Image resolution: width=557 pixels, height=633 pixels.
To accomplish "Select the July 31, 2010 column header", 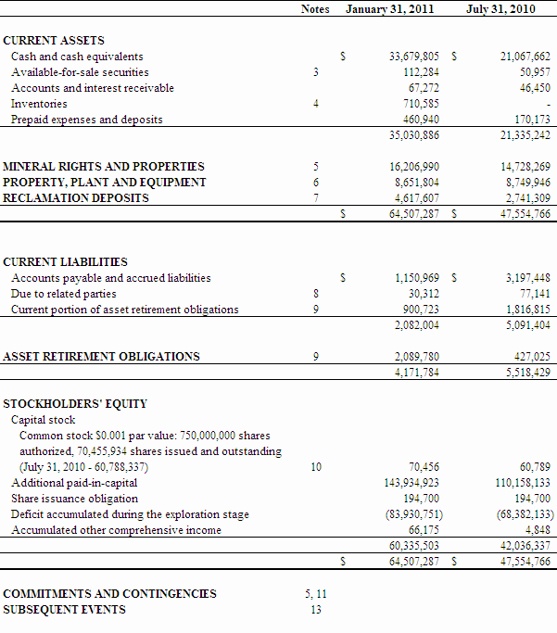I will (x=501, y=8).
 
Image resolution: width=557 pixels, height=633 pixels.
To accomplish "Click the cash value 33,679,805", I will (x=413, y=57).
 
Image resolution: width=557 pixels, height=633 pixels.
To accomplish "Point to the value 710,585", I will (x=422, y=104).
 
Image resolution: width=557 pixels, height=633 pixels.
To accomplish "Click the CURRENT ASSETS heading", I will (x=54, y=41).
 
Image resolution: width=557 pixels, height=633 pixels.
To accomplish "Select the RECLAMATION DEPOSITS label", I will (x=76, y=198).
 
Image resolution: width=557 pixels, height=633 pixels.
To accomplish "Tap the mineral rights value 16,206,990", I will (x=413, y=167).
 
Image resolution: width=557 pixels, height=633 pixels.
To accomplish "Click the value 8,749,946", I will (x=525, y=183).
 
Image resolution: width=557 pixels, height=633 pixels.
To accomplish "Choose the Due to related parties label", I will (x=64, y=294).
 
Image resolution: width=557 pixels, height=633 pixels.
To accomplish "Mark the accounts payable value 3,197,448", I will (x=527, y=277).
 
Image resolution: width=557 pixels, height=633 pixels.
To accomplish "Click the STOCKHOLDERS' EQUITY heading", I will (x=75, y=404).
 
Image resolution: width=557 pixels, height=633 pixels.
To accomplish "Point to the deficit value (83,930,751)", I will (x=411, y=514).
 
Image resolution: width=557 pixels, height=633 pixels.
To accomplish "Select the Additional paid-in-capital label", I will (x=74, y=483).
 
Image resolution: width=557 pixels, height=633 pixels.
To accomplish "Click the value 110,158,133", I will (x=522, y=483).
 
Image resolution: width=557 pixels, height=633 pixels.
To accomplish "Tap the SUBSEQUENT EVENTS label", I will (x=65, y=610).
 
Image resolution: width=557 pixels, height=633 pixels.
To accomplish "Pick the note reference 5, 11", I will (x=316, y=594).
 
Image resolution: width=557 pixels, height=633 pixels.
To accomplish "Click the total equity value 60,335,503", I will (x=413, y=546).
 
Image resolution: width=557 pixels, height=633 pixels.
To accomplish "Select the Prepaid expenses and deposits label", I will (x=86, y=120).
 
